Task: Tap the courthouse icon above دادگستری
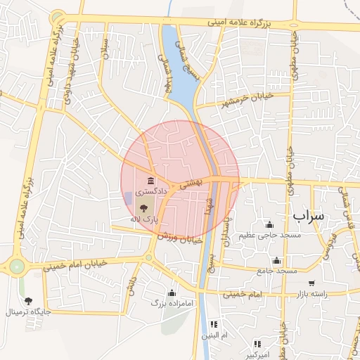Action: tap(151, 181)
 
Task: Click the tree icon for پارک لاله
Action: tap(144, 208)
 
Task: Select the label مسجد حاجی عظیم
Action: tap(273, 235)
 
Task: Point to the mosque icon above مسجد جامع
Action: tap(278, 259)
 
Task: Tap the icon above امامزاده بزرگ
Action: tap(172, 292)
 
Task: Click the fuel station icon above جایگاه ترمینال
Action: tap(28, 301)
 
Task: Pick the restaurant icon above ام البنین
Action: tap(214, 324)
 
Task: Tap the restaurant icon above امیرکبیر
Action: tap(258, 343)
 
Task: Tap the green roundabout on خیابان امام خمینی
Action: tap(16, 266)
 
